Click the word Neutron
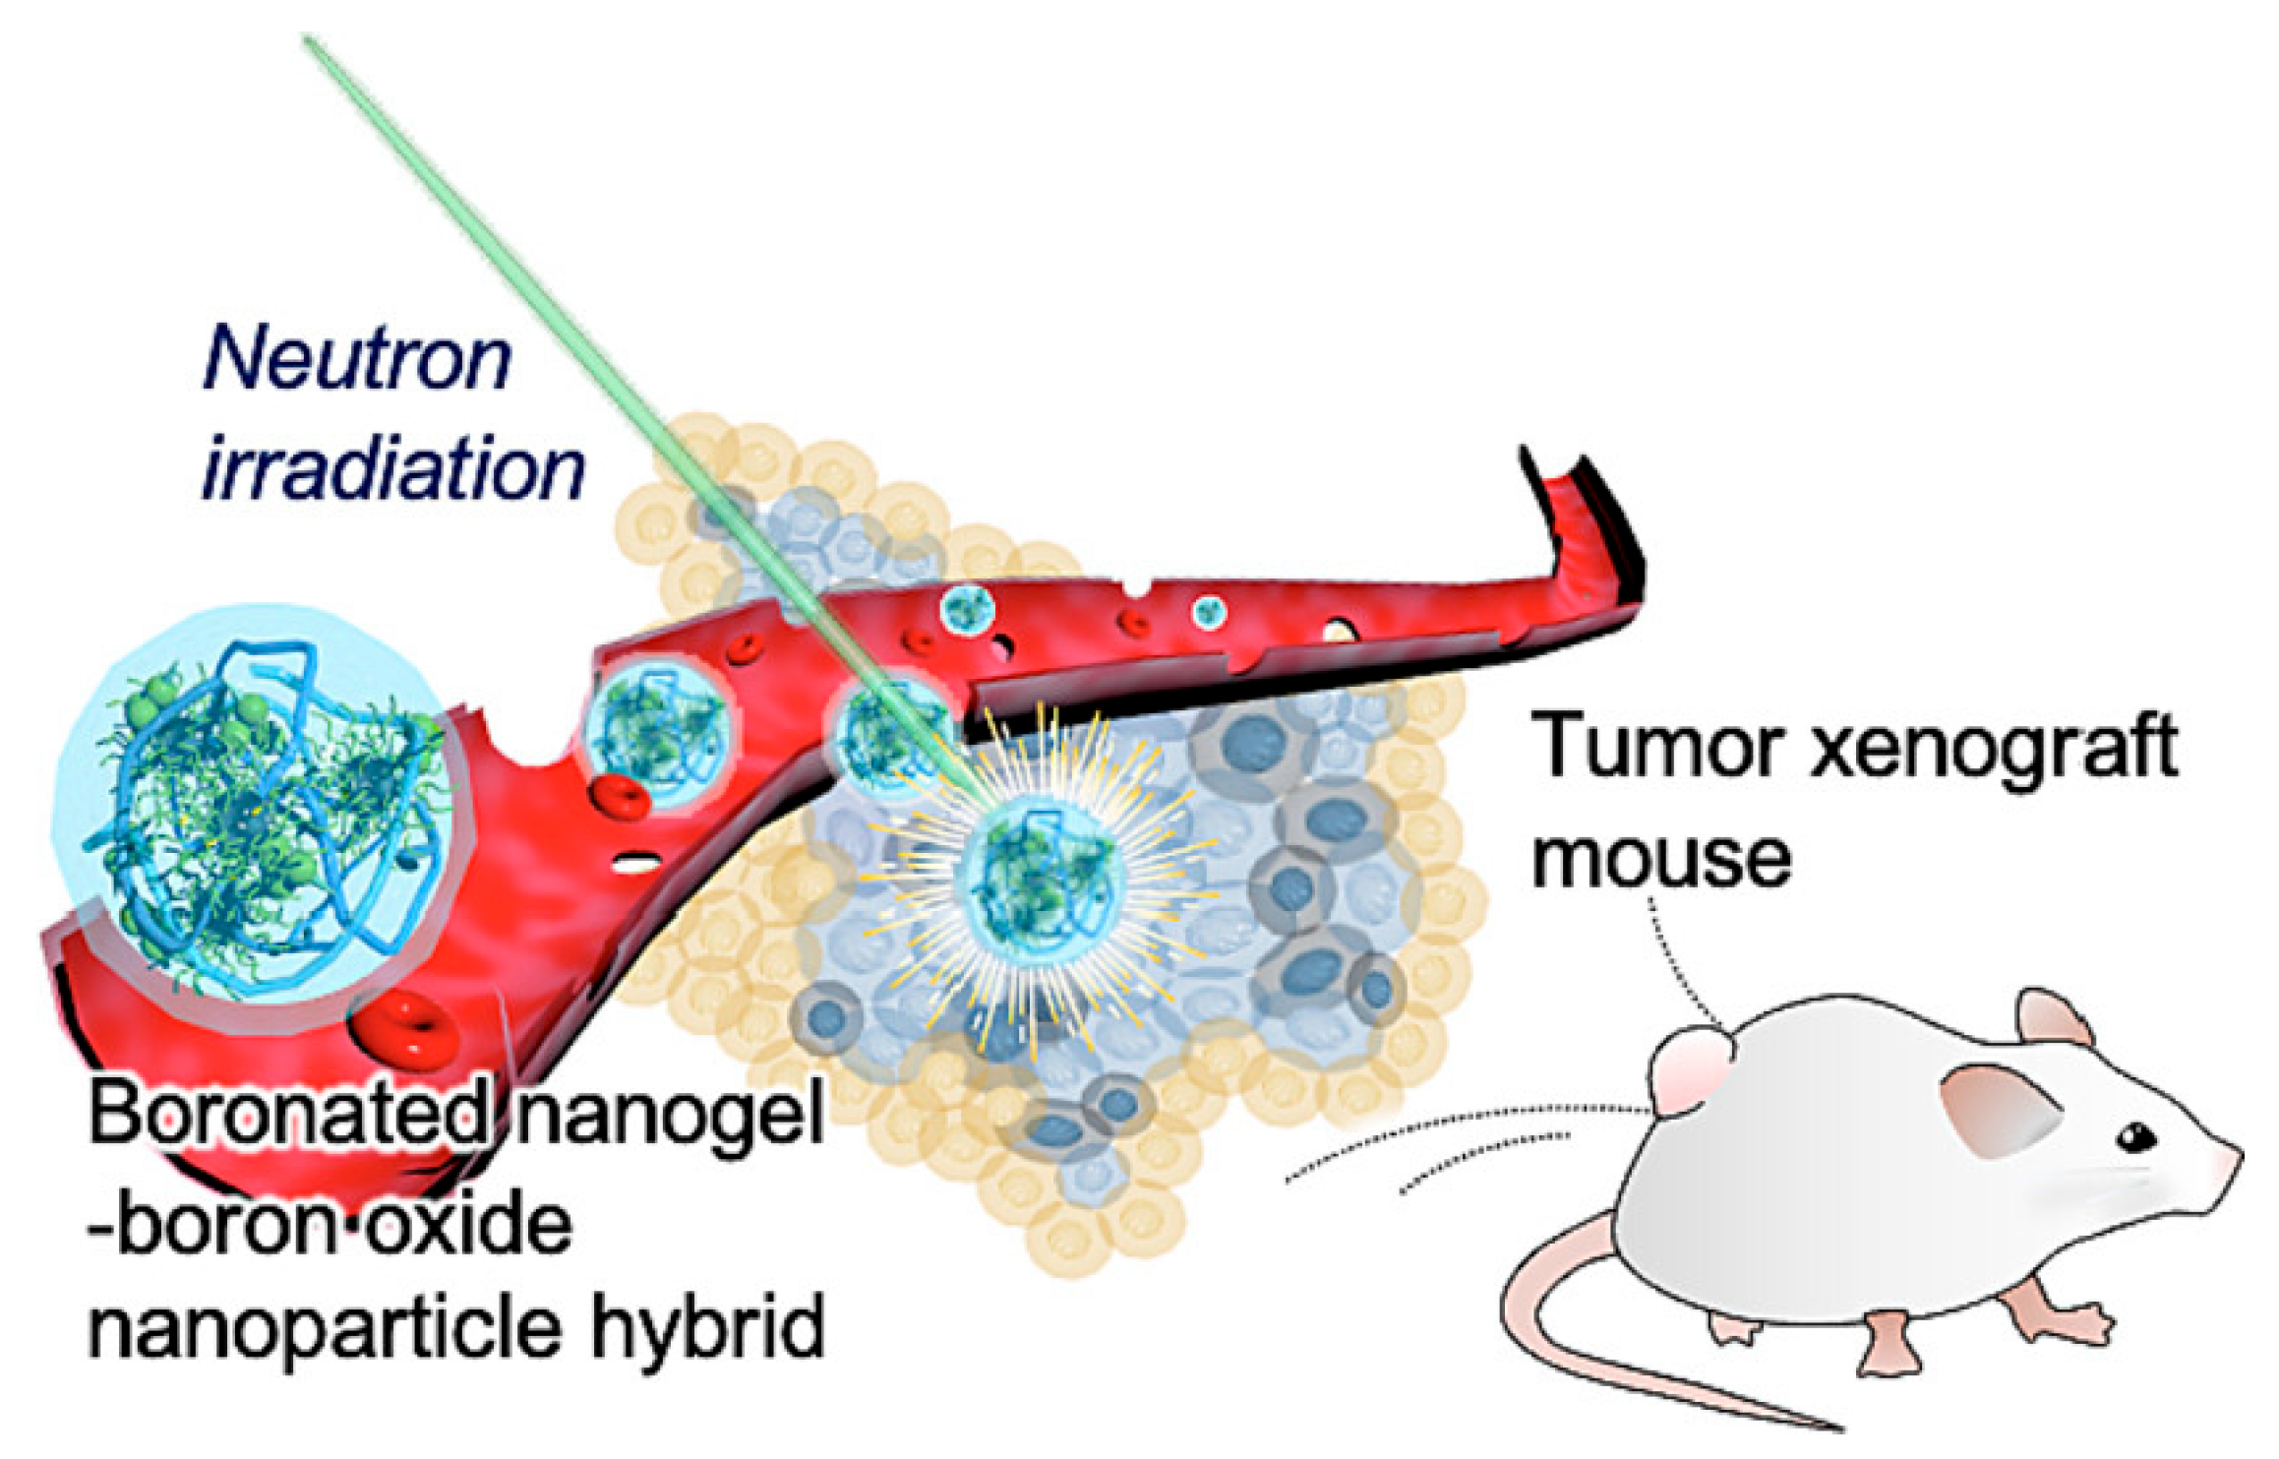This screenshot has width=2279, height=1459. coord(357,359)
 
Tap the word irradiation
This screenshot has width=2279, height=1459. coord(393,469)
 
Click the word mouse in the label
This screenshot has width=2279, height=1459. coord(1661,858)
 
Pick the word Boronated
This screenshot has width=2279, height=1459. coord(288,1115)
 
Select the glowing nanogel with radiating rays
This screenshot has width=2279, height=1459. coord(1041,876)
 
